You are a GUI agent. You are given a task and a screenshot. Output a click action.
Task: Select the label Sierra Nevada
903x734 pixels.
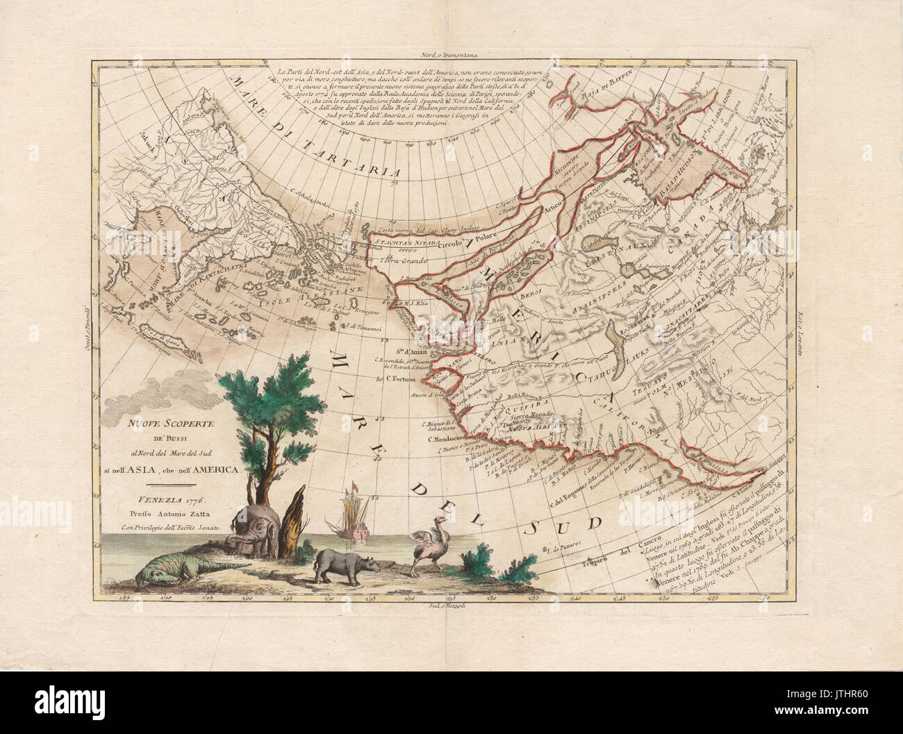pyautogui.click(x=519, y=411)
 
